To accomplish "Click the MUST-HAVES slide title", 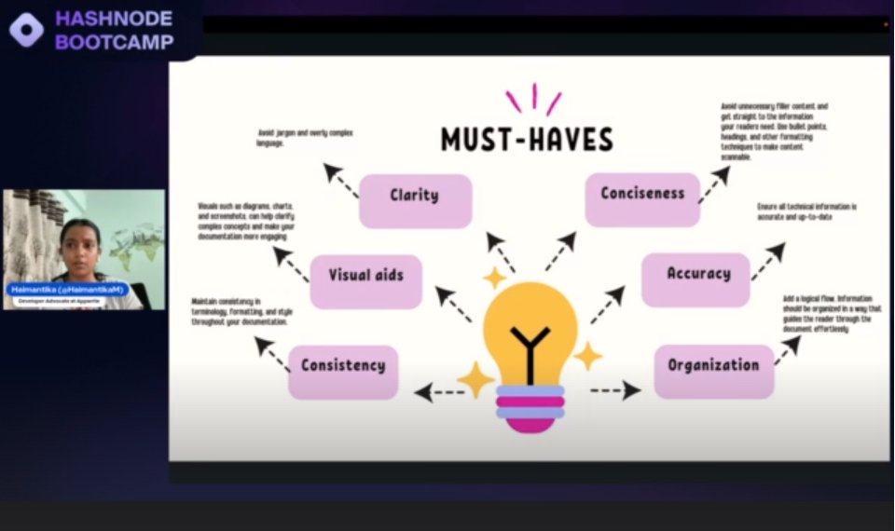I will pos(528,140).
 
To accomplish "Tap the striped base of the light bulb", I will pos(530,407).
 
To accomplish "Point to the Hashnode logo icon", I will pos(25,30).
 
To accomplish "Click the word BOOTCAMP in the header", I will pos(115,42).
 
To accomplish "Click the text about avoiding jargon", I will pos(305,139).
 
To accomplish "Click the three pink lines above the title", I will pos(533,99).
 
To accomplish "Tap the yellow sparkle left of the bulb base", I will pos(475,379).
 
